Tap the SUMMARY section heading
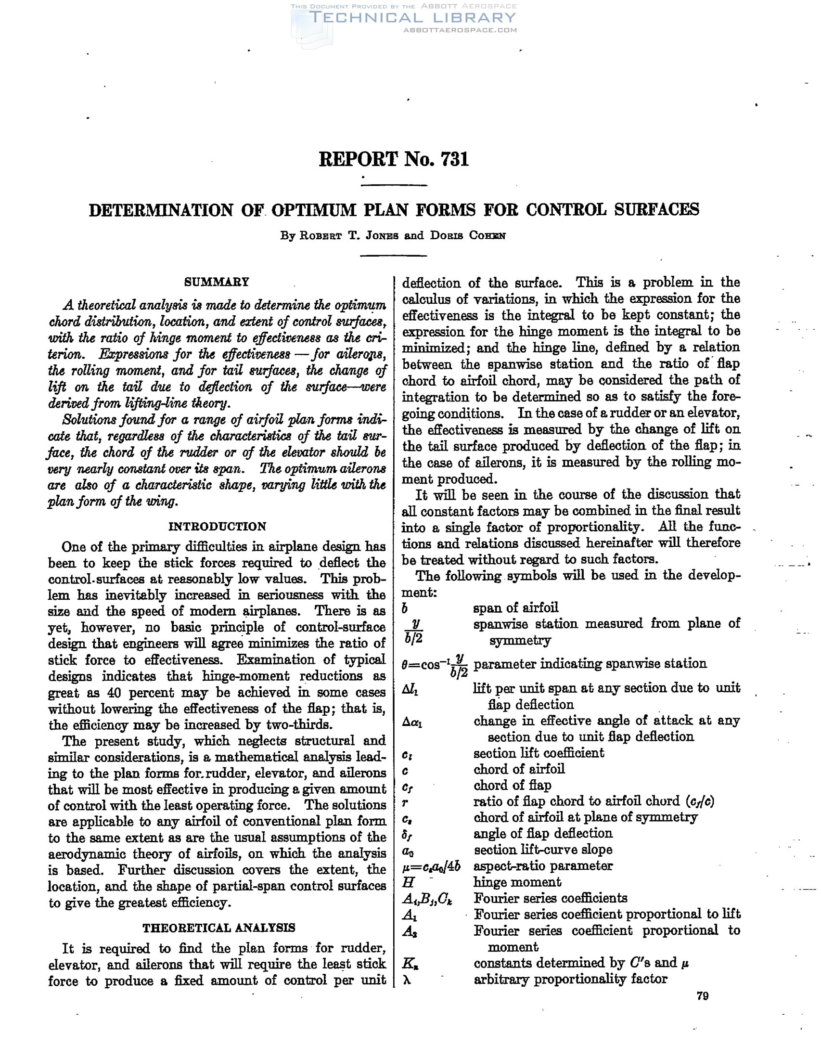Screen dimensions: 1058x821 pyautogui.click(x=217, y=282)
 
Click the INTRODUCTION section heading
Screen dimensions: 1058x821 pyautogui.click(x=217, y=526)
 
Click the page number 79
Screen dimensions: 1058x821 pyautogui.click(x=702, y=996)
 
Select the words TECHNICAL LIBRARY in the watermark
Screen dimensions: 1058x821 pyautogui.click(x=412, y=18)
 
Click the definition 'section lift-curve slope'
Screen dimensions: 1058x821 pyautogui.click(x=542, y=850)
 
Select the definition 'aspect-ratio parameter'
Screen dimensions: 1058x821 pyautogui.click(x=542, y=865)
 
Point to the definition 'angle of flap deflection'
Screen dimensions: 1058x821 pyautogui.click(x=542, y=833)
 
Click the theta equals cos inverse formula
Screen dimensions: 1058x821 pyautogui.click(x=435, y=665)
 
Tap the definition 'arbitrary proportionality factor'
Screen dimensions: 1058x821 pyautogui.click(x=570, y=979)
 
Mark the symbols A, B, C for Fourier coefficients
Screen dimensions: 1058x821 pyautogui.click(x=427, y=899)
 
